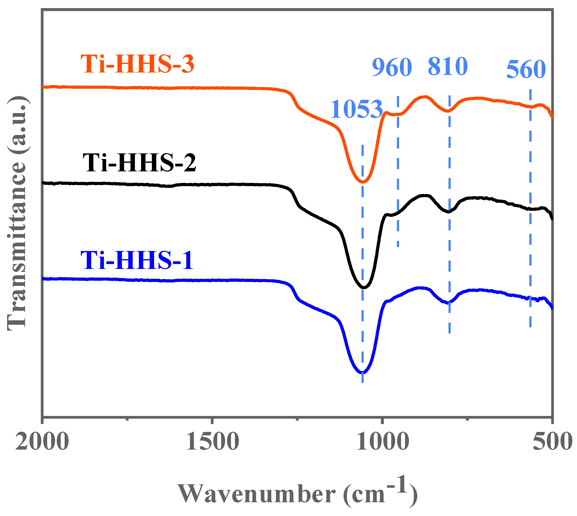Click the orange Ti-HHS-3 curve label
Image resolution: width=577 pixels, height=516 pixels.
[x=137, y=64]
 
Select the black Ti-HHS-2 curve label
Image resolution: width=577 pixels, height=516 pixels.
[x=139, y=163]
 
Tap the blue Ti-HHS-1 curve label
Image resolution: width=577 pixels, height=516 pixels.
[x=137, y=260]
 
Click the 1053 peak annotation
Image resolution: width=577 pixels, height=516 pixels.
[x=356, y=109]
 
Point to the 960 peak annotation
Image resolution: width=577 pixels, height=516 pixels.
[x=392, y=67]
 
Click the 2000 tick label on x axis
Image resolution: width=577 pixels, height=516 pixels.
[x=42, y=442]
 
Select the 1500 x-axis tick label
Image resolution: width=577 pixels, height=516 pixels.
[x=212, y=442]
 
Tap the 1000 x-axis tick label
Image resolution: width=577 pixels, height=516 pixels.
[x=382, y=442]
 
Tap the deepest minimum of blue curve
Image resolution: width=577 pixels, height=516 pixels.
[x=362, y=372]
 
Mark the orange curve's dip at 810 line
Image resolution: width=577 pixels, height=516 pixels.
[x=448, y=111]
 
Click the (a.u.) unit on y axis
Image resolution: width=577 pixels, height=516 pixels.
[x=17, y=125]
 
